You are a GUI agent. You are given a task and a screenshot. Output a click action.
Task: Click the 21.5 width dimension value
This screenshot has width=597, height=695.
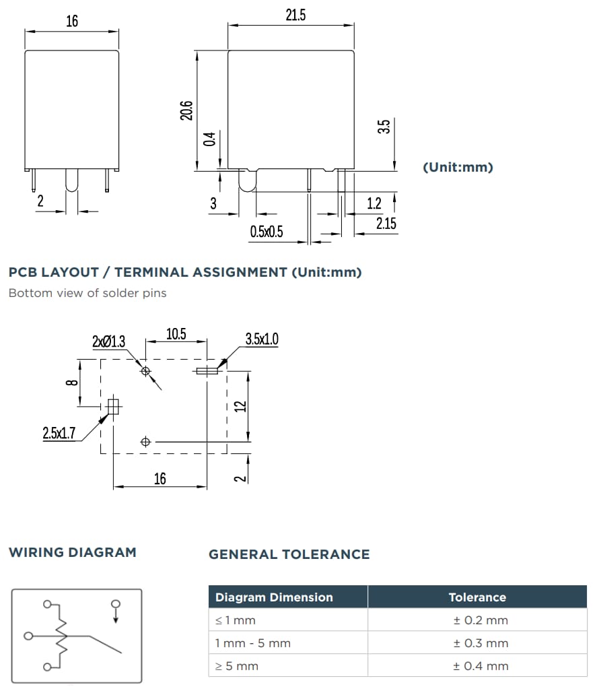[295, 15]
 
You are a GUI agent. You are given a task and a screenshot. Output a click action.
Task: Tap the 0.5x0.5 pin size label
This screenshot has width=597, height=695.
[267, 232]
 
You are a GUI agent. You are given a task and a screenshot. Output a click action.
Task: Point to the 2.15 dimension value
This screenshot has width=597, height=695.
[386, 224]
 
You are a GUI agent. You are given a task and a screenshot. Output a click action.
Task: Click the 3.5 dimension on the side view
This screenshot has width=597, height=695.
[384, 127]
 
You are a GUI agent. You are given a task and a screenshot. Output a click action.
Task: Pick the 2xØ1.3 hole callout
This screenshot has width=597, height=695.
[108, 342]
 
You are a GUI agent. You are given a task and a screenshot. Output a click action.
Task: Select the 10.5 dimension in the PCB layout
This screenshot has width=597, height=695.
[176, 335]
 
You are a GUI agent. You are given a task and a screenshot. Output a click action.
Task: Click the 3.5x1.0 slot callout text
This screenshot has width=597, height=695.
[262, 339]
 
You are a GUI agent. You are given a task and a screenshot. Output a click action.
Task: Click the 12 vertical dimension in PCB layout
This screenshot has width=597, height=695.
[239, 406]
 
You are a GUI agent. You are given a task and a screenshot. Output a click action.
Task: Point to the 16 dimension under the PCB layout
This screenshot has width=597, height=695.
[160, 479]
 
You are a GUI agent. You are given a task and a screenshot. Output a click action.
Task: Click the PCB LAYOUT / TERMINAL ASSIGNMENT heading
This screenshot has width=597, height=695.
[185, 273]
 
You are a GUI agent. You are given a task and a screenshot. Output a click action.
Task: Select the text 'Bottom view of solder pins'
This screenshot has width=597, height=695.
[87, 293]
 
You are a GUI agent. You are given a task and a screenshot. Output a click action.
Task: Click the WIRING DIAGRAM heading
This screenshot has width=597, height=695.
[73, 552]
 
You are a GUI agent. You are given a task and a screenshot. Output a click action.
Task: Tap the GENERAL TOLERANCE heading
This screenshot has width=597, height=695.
[289, 554]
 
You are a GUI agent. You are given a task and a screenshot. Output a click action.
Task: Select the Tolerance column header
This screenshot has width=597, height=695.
[477, 597]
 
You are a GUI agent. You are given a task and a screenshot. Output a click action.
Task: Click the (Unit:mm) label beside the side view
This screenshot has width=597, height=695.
[458, 167]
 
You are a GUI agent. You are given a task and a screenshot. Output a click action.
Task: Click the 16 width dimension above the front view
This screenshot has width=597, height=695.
[71, 22]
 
